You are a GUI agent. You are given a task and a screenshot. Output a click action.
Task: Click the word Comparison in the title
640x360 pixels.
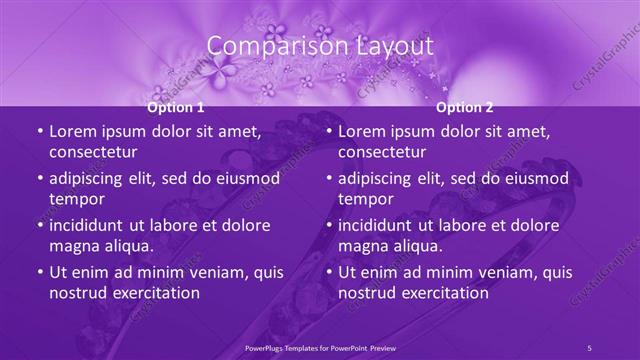(265, 46)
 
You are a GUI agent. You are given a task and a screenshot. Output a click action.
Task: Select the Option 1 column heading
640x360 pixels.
(176, 107)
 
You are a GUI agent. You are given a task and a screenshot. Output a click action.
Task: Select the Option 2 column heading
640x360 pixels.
(465, 107)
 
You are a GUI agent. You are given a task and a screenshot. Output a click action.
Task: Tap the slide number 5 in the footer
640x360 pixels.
(589, 348)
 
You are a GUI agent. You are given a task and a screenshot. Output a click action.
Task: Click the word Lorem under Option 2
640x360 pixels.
(361, 132)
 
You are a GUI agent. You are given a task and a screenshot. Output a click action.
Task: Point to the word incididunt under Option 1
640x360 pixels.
(92, 225)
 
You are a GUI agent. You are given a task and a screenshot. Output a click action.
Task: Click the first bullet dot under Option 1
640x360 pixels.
(38, 132)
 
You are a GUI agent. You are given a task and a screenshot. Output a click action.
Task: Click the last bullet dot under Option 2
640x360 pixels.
(328, 272)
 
